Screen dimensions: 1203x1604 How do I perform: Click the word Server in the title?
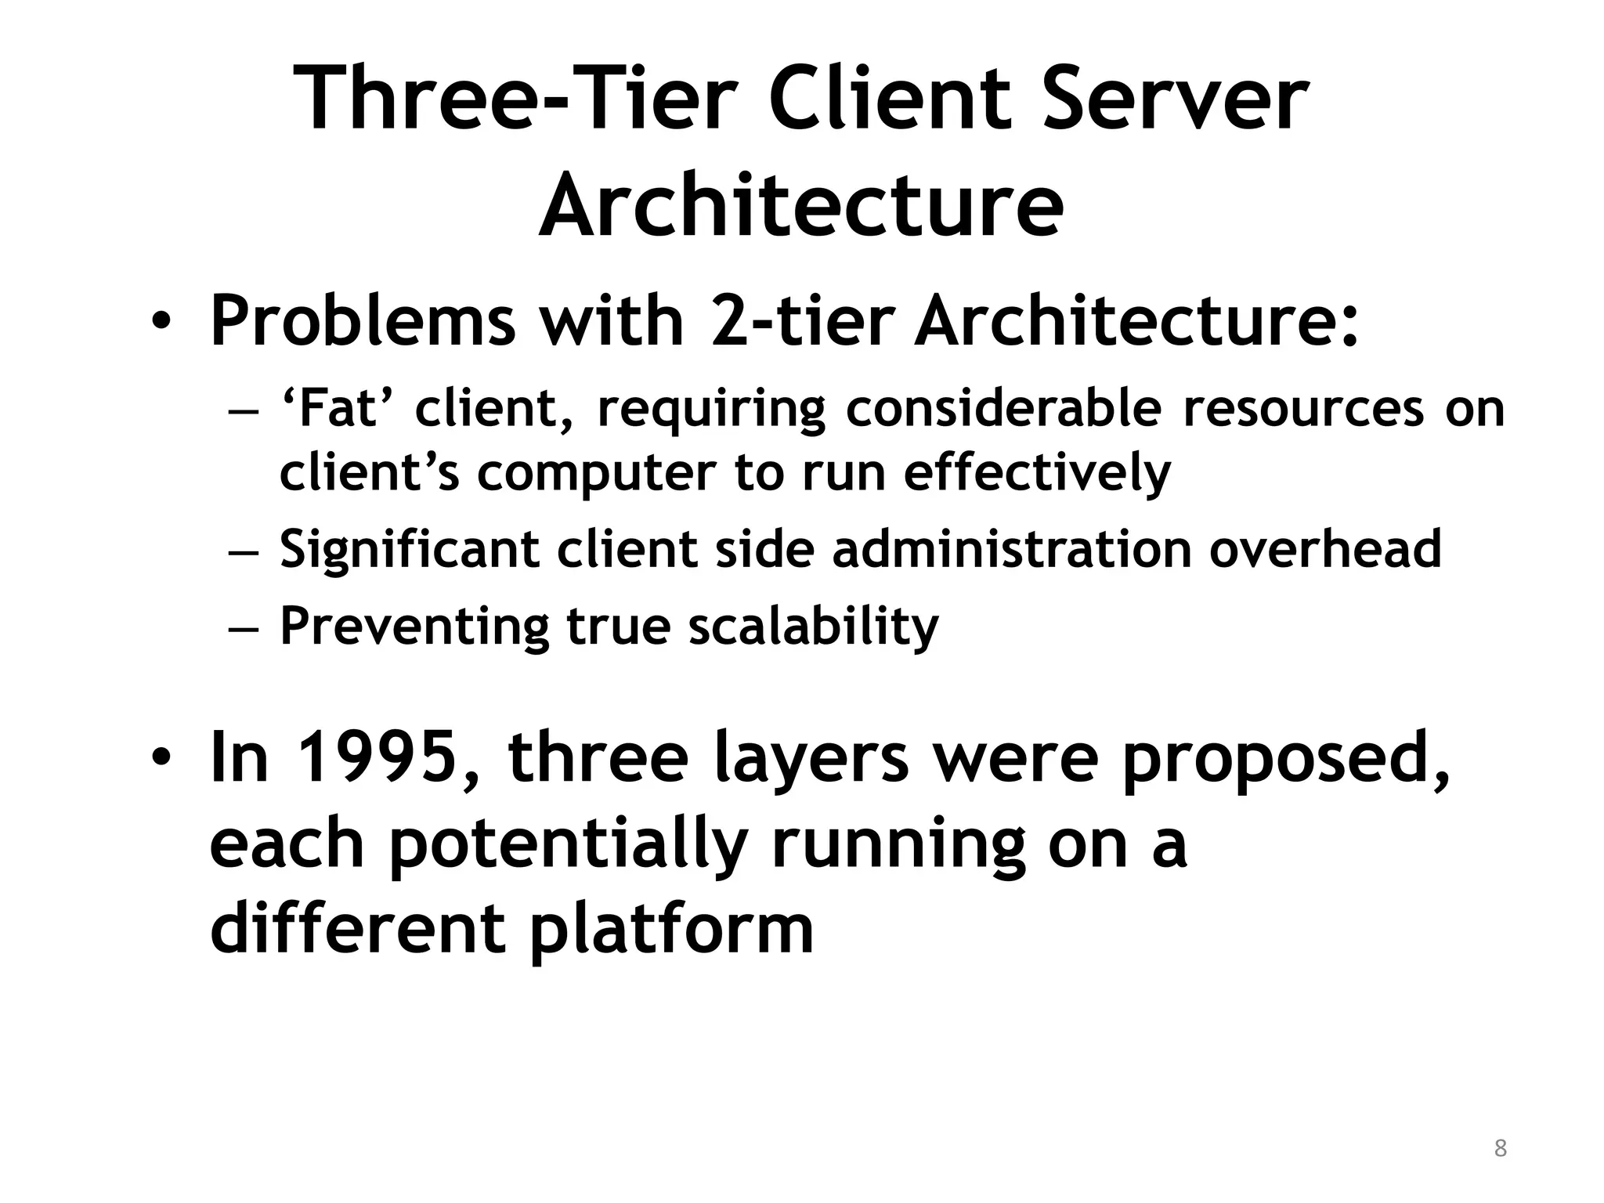(x=1174, y=99)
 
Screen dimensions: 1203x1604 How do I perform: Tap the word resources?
(x=1303, y=408)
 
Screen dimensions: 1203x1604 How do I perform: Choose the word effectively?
(x=1037, y=473)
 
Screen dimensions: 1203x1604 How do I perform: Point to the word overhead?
(x=1324, y=549)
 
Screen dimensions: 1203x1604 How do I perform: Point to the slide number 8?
(x=1500, y=1148)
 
